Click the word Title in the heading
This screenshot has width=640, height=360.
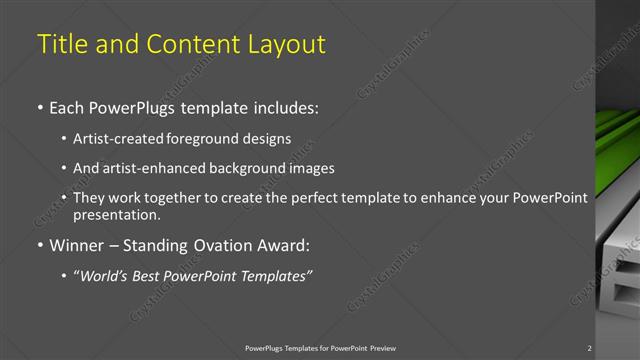click(62, 45)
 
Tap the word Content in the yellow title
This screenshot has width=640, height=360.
click(188, 45)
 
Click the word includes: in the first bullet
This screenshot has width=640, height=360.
click(284, 107)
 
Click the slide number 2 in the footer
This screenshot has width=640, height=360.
click(590, 348)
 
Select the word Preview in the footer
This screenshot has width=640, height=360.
click(381, 348)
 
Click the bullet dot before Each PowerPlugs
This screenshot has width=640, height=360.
click(40, 107)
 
